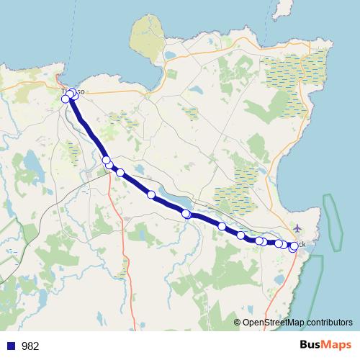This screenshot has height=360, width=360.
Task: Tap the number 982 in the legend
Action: (x=30, y=346)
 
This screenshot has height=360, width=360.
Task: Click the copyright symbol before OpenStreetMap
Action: (x=237, y=323)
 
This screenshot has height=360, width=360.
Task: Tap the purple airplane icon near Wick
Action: (x=297, y=228)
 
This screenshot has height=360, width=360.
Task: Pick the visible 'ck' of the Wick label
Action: (x=301, y=245)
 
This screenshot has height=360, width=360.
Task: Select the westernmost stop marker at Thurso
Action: (x=66, y=99)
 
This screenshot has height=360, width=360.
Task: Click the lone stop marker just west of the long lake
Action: (x=151, y=194)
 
